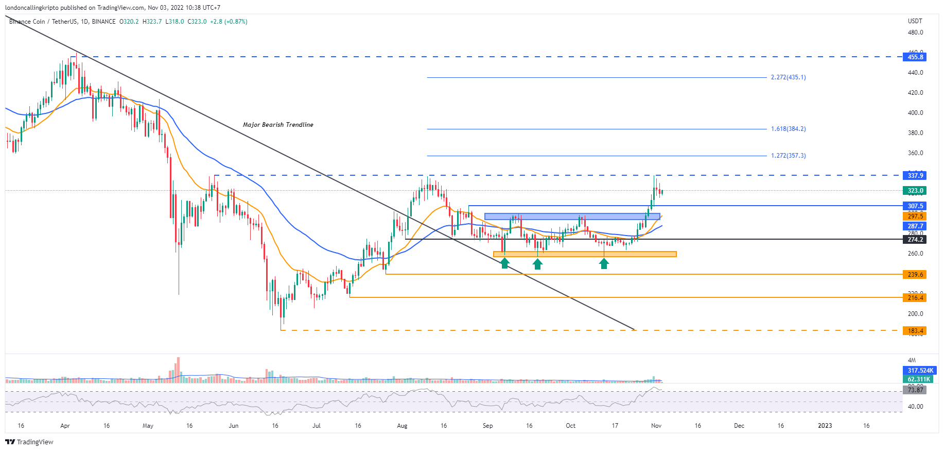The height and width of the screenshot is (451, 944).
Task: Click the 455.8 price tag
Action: [915, 57]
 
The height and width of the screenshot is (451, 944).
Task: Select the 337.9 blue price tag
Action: [915, 176]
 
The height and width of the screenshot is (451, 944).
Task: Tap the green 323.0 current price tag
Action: [915, 191]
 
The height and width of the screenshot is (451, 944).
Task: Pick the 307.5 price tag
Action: [915, 206]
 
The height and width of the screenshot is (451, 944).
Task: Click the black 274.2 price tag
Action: [915, 240]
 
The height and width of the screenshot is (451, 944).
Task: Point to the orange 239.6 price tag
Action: [915, 275]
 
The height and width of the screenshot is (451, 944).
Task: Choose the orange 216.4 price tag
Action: [915, 298]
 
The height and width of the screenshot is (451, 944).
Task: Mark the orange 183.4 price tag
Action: [915, 331]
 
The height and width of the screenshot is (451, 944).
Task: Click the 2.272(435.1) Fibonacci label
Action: [788, 77]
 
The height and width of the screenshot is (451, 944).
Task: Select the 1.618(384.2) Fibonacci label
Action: [788, 129]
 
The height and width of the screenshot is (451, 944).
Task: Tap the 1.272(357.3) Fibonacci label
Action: [788, 156]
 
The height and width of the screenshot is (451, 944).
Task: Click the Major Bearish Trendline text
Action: [278, 125]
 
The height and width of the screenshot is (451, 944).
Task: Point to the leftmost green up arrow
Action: [505, 263]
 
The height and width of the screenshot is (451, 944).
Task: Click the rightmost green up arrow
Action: [604, 263]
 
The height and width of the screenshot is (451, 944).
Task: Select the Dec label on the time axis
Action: [739, 426]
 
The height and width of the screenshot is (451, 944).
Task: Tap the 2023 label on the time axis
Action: [825, 426]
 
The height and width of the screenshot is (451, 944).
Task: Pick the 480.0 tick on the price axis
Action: [915, 32]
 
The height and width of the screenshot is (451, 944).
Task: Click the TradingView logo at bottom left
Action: [29, 442]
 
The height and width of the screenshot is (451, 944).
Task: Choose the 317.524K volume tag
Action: [920, 371]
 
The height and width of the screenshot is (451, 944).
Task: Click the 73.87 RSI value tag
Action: [915, 390]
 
